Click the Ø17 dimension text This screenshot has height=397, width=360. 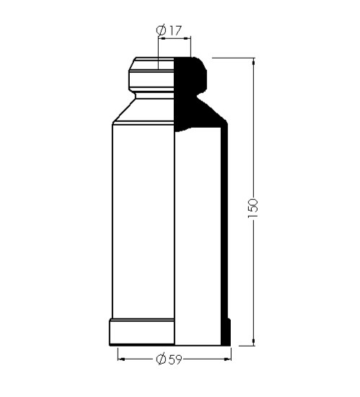pos(169,30)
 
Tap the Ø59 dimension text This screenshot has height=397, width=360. pos(169,359)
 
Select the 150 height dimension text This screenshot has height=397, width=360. pos(253,208)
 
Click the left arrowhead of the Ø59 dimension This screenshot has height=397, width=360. pos(121,359)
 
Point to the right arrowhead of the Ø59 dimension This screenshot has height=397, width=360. pos(228,359)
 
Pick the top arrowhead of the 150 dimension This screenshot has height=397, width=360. pos(253,61)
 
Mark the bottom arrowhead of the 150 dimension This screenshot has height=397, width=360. pos(253,342)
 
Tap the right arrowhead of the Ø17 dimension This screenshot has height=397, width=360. pos(187,38)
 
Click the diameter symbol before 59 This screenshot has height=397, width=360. pos(161,359)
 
